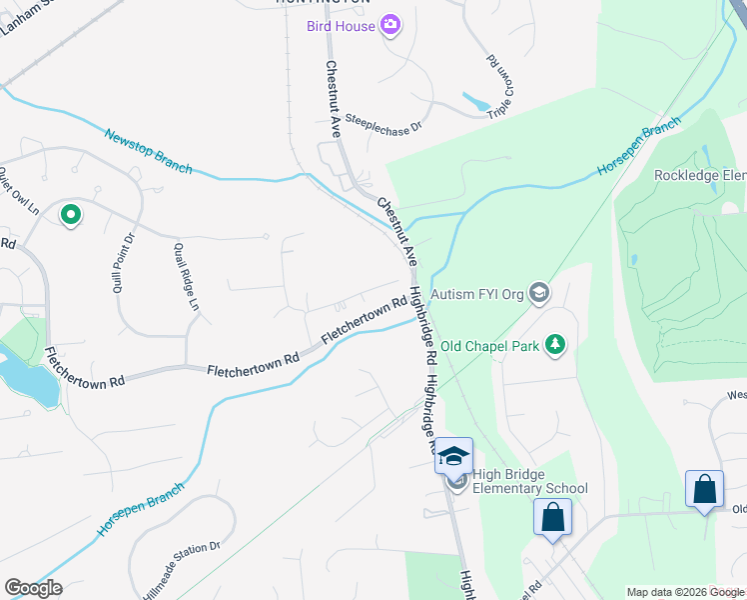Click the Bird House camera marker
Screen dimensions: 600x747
point(390,25)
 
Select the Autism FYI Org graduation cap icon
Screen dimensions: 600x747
point(539,292)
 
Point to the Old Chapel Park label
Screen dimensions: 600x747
point(489,346)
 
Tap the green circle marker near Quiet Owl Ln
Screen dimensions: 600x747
point(70,214)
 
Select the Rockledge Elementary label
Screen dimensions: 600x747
point(699,176)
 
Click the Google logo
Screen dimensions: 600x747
point(33,588)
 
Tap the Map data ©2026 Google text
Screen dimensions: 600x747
point(684,592)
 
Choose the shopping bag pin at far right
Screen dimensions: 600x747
point(704,490)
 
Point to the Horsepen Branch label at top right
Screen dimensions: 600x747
point(639,147)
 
